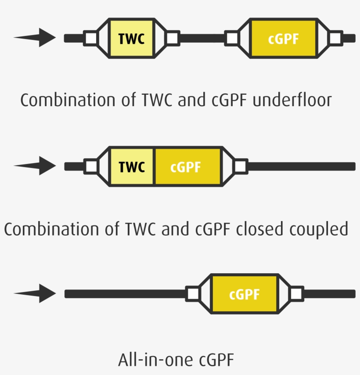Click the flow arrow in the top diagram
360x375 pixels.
pos(37,37)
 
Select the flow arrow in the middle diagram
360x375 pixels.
pos(37,166)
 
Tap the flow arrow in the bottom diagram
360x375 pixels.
pos(37,293)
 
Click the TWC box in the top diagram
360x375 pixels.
pos(131,38)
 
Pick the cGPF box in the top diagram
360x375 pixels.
pos(283,38)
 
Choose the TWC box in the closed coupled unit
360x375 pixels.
pos(132,167)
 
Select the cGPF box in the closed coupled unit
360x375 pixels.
pos(187,167)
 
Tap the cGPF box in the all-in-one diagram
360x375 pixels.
pos(245,294)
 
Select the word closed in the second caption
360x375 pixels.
pos(256,229)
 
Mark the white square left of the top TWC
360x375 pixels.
pos(91,38)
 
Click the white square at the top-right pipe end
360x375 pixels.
pos(336,38)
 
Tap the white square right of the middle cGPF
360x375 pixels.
pos(240,166)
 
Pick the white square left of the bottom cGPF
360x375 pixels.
pos(193,294)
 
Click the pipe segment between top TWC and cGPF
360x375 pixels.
pos(202,38)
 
